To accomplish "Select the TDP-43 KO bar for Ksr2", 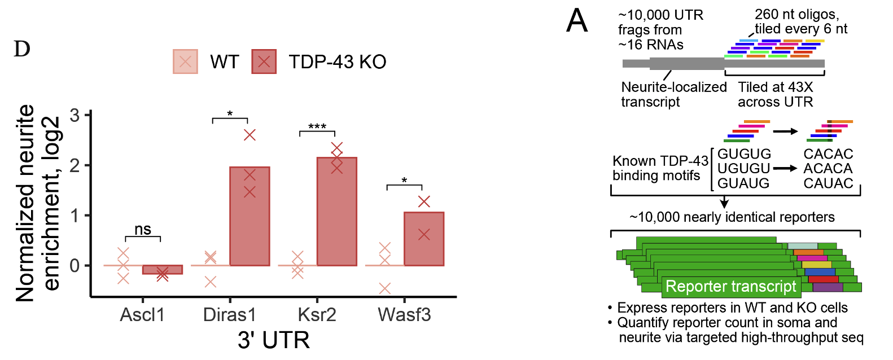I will [x=336, y=212].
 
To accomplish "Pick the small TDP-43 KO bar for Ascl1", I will [x=162, y=270].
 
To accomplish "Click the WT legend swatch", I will [x=185, y=62].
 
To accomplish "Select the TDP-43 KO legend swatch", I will [x=264, y=62].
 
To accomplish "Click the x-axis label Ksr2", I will [x=317, y=314].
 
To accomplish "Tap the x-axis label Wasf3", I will [x=404, y=314].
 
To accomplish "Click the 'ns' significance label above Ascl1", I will [x=143, y=229].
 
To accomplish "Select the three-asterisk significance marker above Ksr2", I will [x=317, y=126].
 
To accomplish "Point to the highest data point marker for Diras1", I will [x=249, y=135].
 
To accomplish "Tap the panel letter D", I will [x=22, y=50].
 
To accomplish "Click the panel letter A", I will [x=577, y=21].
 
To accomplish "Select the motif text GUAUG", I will [x=743, y=183].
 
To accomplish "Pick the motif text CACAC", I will [x=828, y=154].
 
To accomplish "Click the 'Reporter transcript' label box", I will [x=730, y=287].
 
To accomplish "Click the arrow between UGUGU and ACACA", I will [x=785, y=168].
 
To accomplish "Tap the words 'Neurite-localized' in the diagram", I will [x=674, y=87].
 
